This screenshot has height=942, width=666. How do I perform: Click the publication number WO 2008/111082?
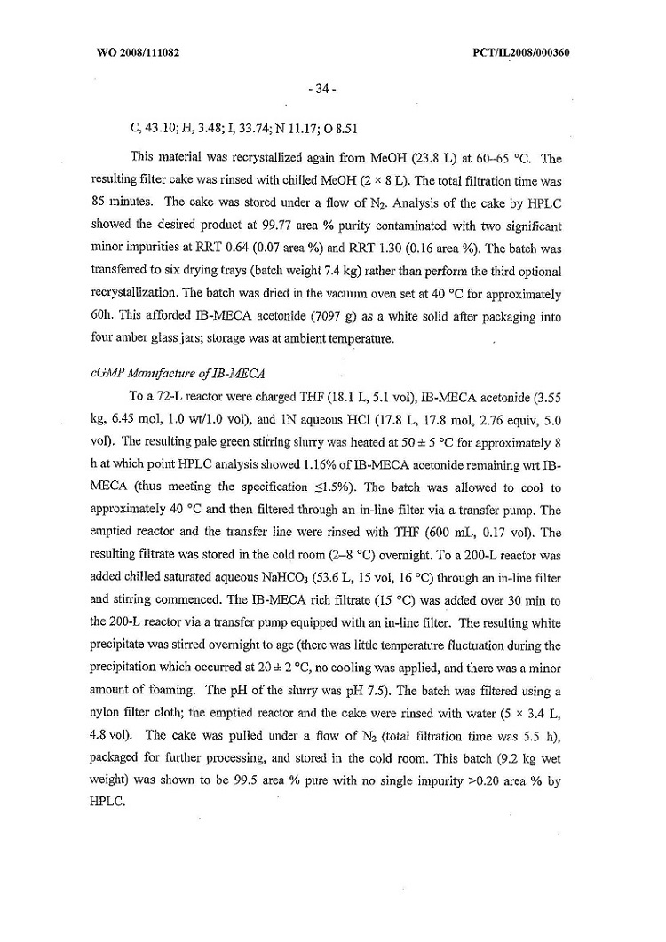click(x=138, y=52)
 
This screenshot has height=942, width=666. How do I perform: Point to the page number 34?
click(x=320, y=89)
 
